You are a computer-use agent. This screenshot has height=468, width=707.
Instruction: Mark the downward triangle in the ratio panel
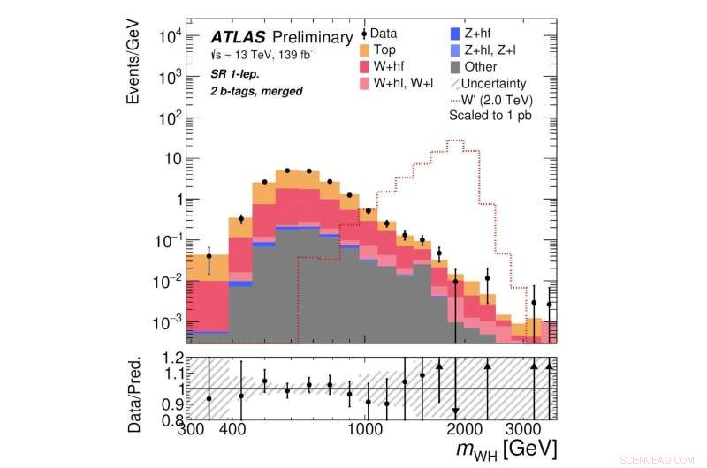tap(455, 411)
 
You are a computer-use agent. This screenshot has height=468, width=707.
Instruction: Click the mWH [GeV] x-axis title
tap(506, 450)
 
